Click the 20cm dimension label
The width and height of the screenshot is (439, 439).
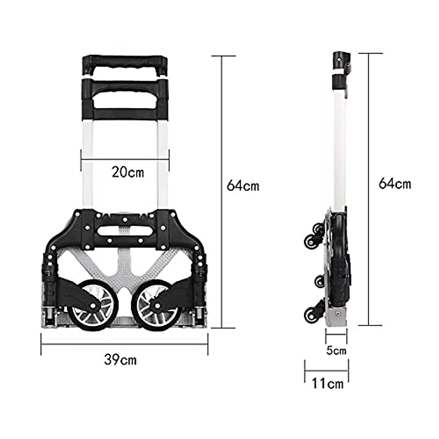pos(128,172)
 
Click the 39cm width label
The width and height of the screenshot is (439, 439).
pos(120,360)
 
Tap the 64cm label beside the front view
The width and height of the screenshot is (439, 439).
pos(243,185)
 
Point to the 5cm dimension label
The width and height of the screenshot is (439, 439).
pos(336,351)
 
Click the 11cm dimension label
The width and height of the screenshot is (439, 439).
pos(327,384)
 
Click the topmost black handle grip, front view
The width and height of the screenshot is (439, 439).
pos(124,61)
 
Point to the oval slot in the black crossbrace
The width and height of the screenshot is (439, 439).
pos(124,231)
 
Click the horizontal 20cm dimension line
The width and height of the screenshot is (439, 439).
pos(124,159)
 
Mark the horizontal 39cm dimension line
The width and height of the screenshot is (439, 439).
pos(124,344)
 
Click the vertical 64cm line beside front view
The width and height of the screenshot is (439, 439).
pos(223,190)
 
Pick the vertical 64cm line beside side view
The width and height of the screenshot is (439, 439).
pos(370,190)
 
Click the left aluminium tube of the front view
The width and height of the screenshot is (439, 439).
pos(87,165)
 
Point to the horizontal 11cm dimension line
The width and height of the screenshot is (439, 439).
pos(326,370)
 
